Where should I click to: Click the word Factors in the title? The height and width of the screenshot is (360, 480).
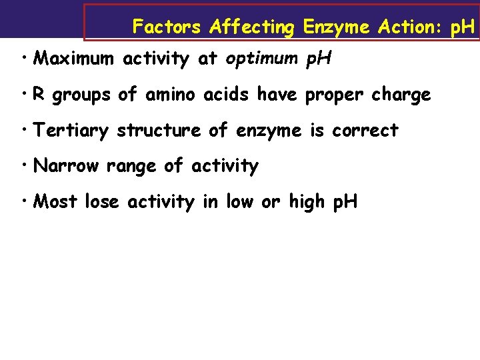(x=167, y=27)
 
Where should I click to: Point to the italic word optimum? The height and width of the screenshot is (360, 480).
(x=262, y=59)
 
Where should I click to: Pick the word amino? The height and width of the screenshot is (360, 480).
(x=173, y=95)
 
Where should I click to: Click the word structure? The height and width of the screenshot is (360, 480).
(x=160, y=131)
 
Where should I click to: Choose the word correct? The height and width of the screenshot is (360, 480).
(x=365, y=131)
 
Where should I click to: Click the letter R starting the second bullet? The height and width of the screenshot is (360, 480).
(x=39, y=95)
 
